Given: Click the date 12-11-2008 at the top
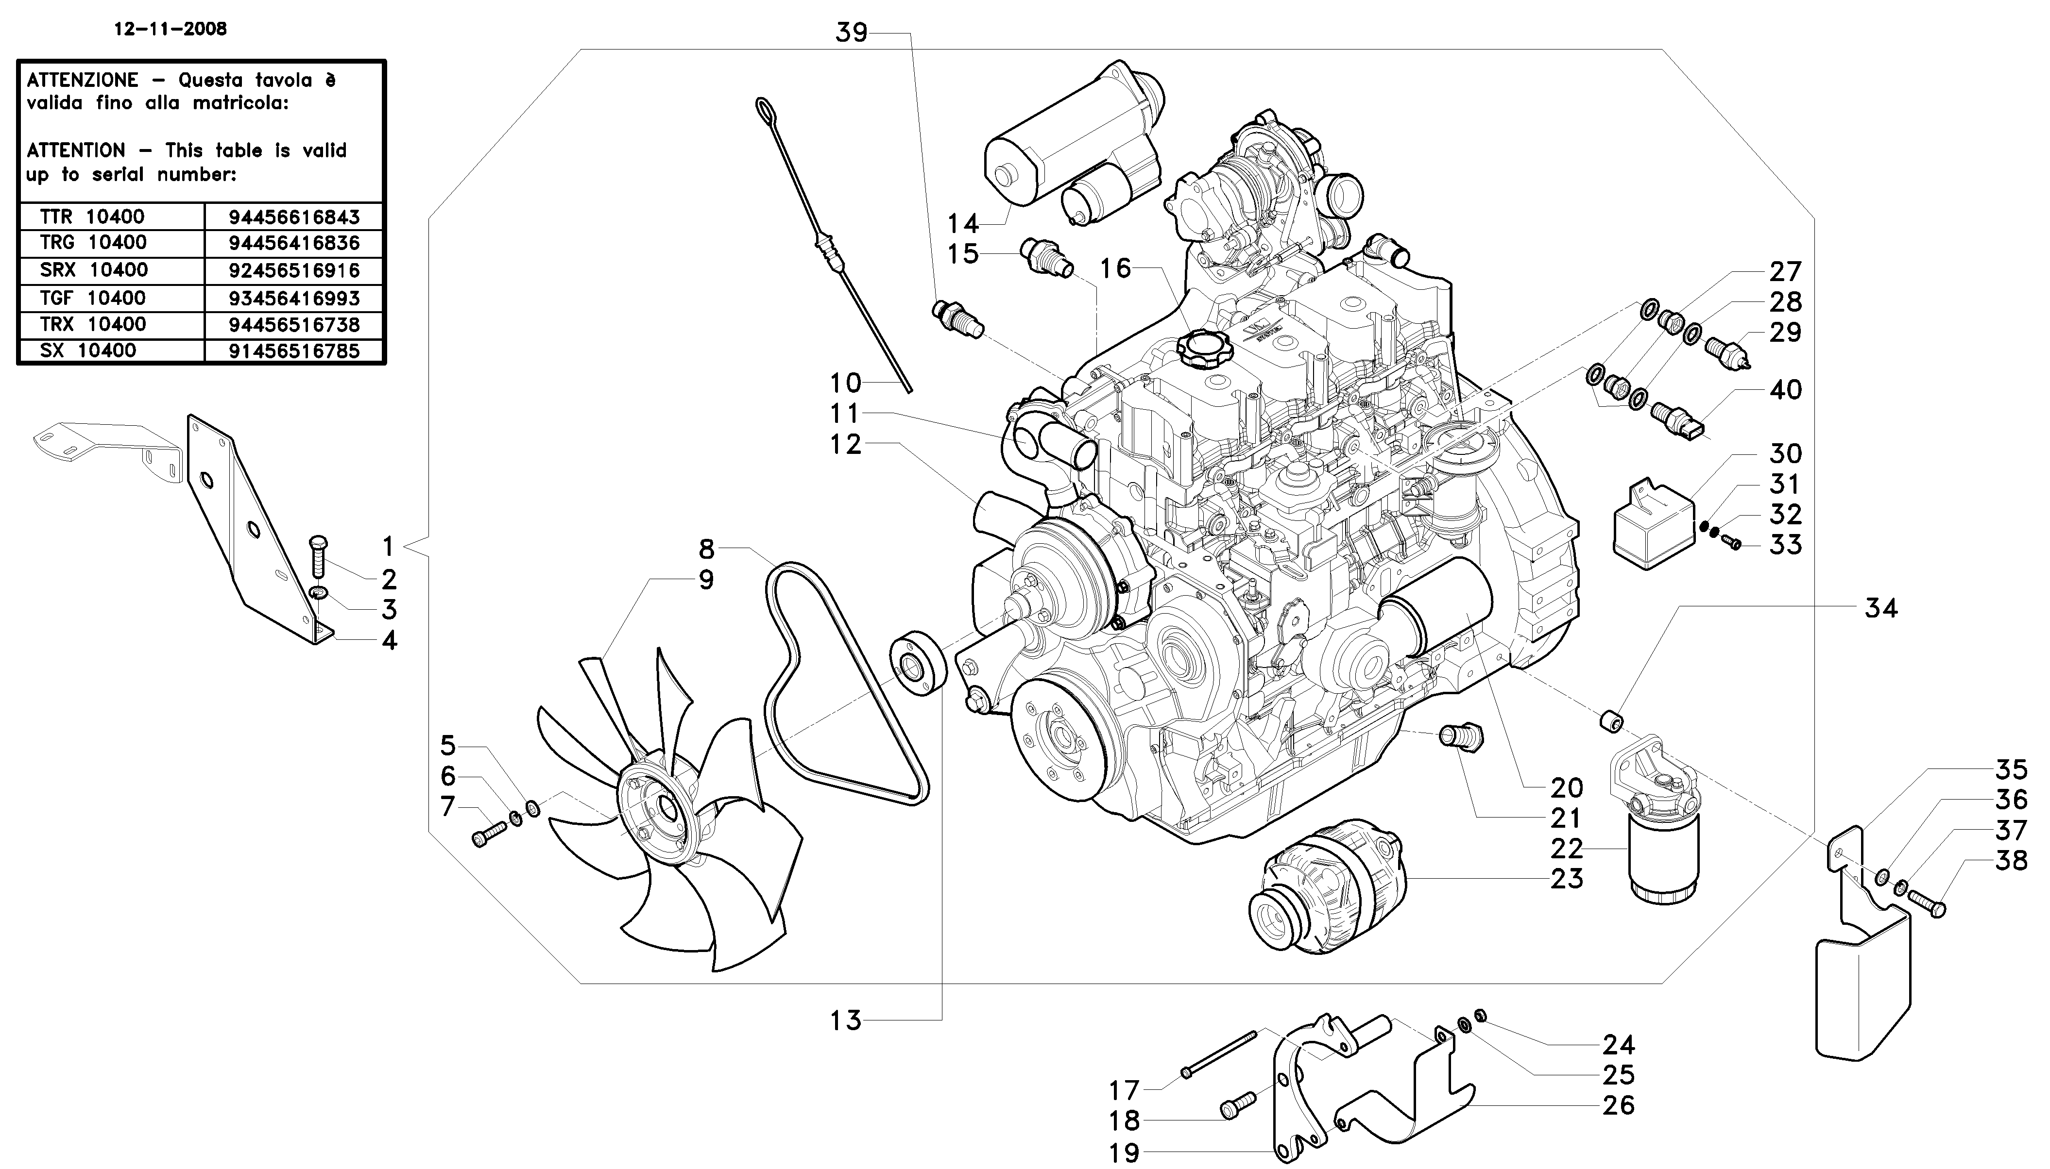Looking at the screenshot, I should coord(171,30).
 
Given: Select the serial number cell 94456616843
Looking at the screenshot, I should coord(294,217).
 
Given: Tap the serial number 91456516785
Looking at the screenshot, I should coord(294,351).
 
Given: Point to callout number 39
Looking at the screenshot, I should coord(852,33).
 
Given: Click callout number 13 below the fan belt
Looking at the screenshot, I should coord(845,1020).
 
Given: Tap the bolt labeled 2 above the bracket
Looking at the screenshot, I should coord(317,555).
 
